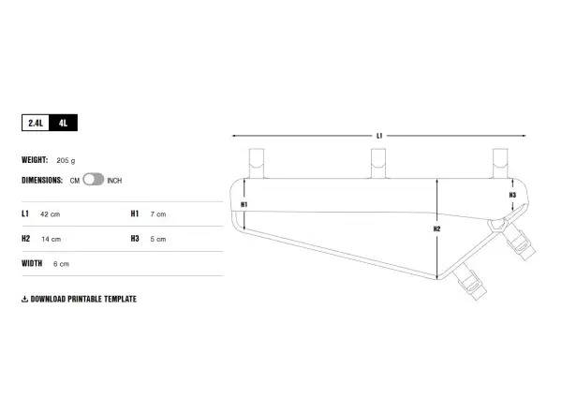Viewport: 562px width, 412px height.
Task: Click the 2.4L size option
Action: point(36,123)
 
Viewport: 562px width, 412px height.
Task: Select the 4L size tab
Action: point(63,123)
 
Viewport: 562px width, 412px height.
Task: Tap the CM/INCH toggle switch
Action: point(93,180)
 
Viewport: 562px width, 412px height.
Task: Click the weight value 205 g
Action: point(66,160)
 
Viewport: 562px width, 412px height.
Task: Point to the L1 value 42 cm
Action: point(51,214)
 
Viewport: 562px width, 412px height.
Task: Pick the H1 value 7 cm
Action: point(158,214)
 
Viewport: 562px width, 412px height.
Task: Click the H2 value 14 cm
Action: point(52,239)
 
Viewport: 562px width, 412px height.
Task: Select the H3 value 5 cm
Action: point(158,239)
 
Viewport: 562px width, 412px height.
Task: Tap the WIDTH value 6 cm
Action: point(61,264)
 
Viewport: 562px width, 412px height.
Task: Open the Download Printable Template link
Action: point(83,299)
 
